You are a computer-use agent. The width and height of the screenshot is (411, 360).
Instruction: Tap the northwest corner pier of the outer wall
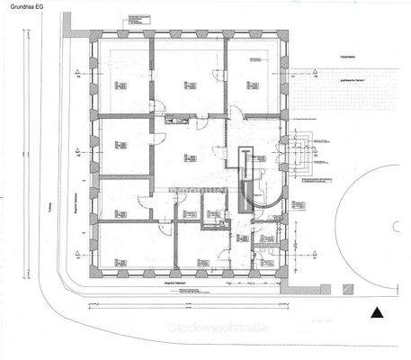pyautogui.click(x=94, y=41)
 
